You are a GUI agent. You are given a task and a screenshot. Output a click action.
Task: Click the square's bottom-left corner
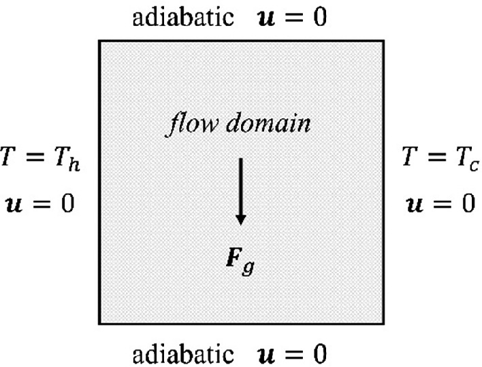[100, 324]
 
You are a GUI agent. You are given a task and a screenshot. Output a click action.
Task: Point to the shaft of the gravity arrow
[240, 183]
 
